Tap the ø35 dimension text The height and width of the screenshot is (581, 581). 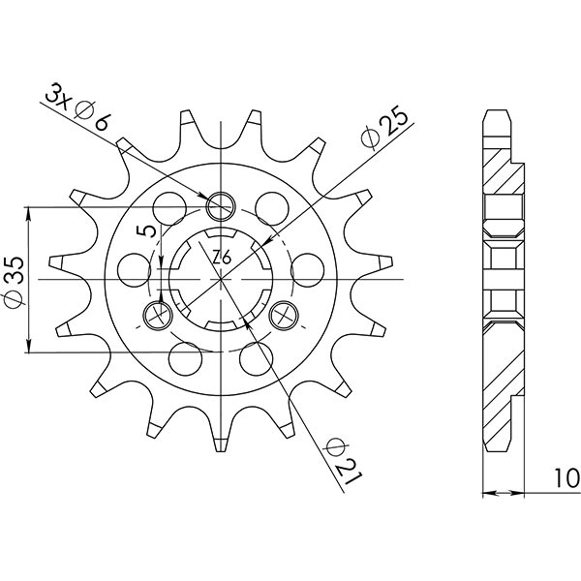click(x=15, y=279)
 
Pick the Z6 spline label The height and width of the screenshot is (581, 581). click(x=221, y=258)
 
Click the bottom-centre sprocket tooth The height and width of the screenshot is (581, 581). click(x=222, y=441)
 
